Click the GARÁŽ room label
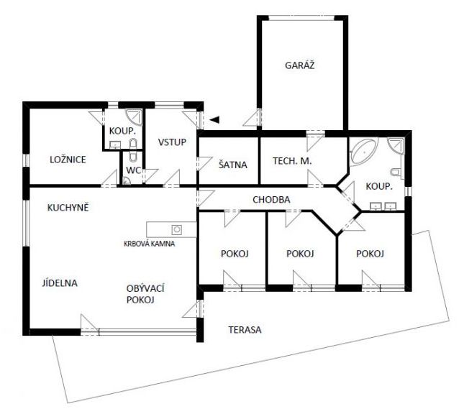coord(299,65)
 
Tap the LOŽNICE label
coord(68,160)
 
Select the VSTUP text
coord(172,142)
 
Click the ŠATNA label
coord(233,165)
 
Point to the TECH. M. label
coord(292,161)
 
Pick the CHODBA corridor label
coord(271,200)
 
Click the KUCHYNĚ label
coord(68,207)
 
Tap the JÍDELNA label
coord(60,283)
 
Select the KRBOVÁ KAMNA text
coord(149,244)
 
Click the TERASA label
coord(245,330)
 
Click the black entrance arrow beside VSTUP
coord(214,119)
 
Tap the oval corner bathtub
coord(363,151)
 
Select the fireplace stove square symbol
coord(177,229)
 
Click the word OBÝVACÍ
coord(145,288)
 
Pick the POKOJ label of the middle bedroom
coord(300,254)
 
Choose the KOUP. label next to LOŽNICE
coord(122,131)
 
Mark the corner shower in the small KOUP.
coord(134,117)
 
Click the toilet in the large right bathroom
coord(396,172)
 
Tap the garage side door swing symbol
coord(253,119)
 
